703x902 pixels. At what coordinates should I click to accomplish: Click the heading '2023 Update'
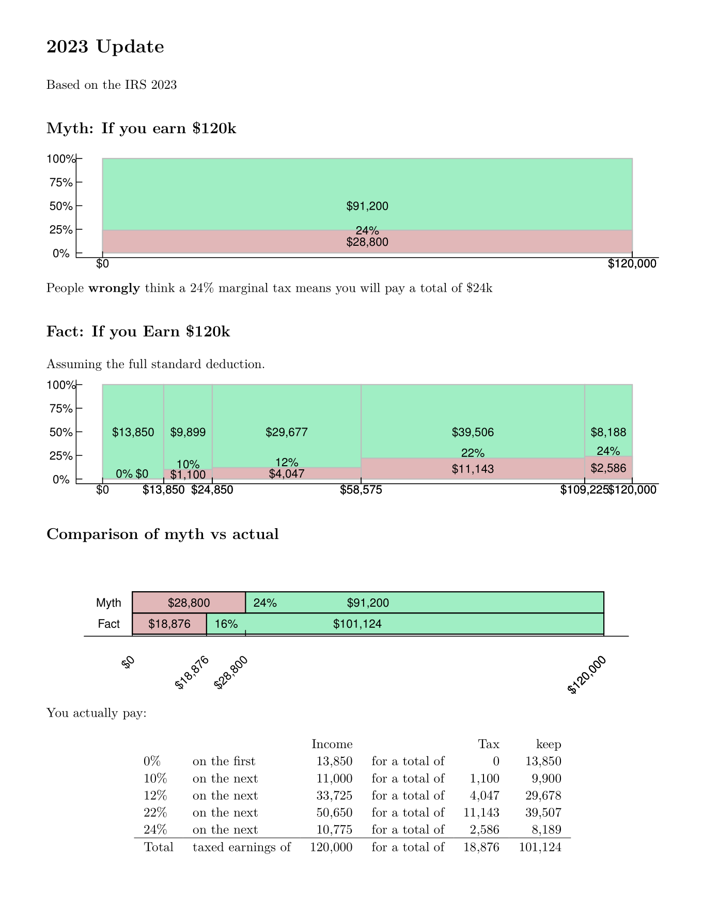coord(105,47)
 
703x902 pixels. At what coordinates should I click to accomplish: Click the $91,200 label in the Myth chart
coord(367,207)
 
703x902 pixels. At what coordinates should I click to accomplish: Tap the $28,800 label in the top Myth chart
coord(367,242)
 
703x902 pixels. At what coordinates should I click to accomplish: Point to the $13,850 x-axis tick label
coord(163,490)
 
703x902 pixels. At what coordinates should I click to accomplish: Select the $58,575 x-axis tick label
coord(361,490)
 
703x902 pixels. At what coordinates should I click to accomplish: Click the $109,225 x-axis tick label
coord(584,490)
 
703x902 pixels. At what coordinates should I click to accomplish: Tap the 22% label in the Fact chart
coord(473,453)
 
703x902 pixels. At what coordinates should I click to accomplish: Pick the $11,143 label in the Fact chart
coord(473,469)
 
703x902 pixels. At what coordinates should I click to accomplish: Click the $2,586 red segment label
coord(608,469)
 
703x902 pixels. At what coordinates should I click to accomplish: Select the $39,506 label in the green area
coord(473,433)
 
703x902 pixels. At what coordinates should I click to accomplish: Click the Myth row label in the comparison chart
coord(108,603)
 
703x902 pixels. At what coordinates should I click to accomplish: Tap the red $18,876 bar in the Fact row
coord(169,624)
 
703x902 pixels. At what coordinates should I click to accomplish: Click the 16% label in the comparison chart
coord(226,624)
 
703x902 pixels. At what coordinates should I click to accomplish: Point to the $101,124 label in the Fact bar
coord(357,624)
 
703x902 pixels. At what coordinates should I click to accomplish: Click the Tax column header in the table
coord(489,745)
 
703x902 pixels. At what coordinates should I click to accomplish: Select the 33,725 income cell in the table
coord(334,796)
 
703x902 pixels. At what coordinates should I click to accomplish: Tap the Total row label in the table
coord(159,847)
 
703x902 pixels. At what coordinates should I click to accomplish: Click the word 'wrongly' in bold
coord(114,288)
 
